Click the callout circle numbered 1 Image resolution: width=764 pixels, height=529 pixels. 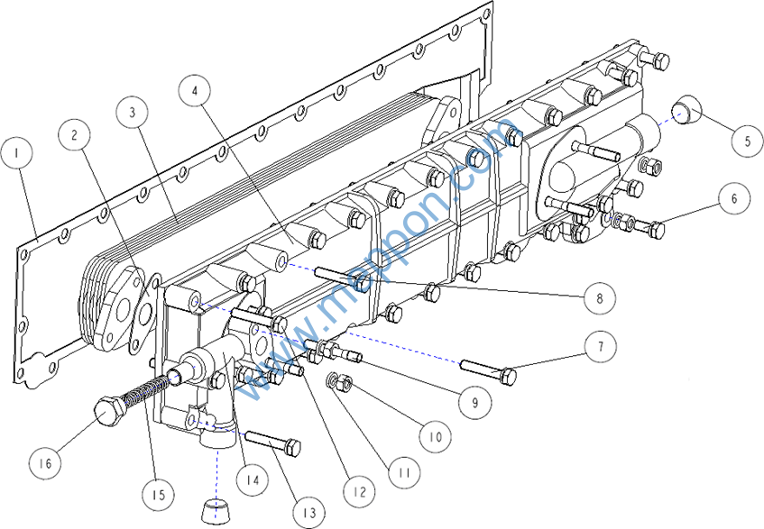tap(16, 154)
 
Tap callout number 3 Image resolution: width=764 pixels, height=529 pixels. tap(133, 113)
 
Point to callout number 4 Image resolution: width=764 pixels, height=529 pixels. tap(196, 91)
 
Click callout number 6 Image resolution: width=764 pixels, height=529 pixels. tap(735, 198)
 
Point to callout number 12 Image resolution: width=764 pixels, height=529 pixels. tap(359, 492)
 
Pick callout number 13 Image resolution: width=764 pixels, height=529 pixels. tap(309, 513)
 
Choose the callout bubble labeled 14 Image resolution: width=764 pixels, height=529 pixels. tap(253, 480)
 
